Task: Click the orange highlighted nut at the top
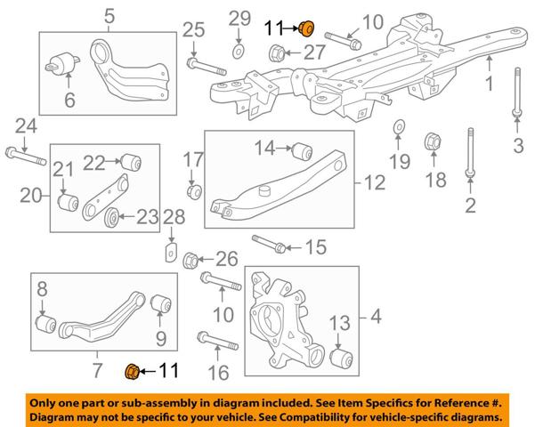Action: click(x=306, y=28)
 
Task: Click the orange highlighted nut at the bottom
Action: click(x=132, y=372)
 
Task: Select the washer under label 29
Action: click(x=239, y=52)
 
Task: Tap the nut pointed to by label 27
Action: click(x=276, y=53)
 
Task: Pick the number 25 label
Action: click(x=193, y=30)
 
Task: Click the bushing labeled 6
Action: click(x=62, y=63)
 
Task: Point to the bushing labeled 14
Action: click(x=303, y=151)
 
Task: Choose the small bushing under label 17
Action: click(x=194, y=191)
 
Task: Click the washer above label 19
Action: click(x=398, y=127)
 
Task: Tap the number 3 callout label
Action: click(x=518, y=146)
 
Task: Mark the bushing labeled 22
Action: click(x=132, y=163)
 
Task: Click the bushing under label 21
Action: click(x=68, y=202)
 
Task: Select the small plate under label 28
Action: click(x=171, y=253)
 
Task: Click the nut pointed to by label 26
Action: click(x=190, y=261)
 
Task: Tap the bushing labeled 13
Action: click(x=341, y=359)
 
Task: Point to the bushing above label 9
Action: click(x=161, y=303)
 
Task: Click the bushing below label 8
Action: click(x=46, y=324)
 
